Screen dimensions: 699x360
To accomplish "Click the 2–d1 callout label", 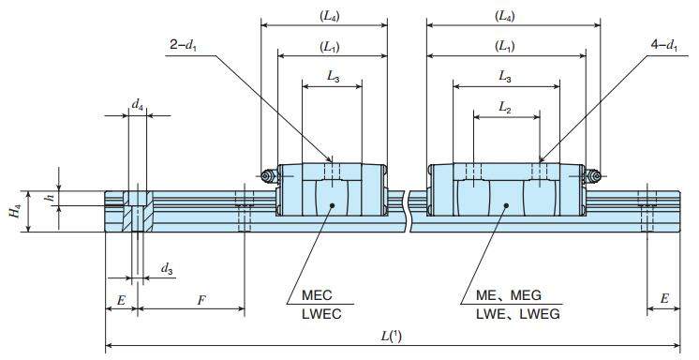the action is (x=184, y=46).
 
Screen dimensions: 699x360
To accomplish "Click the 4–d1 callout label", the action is (x=663, y=46).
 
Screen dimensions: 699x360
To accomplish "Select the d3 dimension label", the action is (x=167, y=269).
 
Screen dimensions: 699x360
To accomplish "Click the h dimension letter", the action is (x=53, y=196).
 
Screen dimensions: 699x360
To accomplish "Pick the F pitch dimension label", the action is (x=201, y=300).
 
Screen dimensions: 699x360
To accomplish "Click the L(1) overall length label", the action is (x=392, y=337).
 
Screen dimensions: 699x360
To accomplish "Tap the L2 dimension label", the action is (x=505, y=107).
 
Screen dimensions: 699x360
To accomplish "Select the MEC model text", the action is (x=317, y=295).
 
